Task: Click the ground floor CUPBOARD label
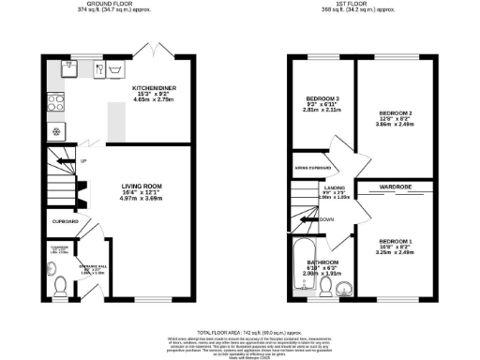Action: coord(64,221)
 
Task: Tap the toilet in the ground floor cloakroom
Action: coord(58,282)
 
